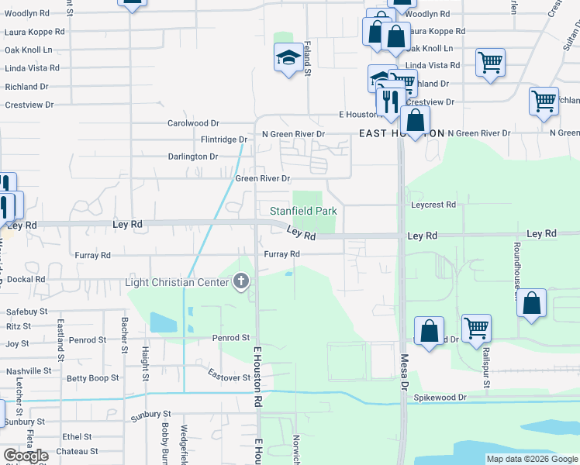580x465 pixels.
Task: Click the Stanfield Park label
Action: (x=303, y=211)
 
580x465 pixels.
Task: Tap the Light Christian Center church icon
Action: (x=241, y=281)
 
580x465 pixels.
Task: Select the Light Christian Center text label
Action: (x=178, y=281)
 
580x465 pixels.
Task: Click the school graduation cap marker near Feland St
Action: (x=288, y=58)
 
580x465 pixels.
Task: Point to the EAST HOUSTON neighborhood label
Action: (x=402, y=133)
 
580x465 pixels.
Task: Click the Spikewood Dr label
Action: (x=440, y=398)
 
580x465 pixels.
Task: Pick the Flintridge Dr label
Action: (x=223, y=140)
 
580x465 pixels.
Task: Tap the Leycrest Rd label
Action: (x=433, y=205)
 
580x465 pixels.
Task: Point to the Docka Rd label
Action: (x=26, y=279)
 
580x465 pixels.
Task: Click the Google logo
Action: (x=26, y=456)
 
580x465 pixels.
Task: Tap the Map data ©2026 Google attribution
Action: (x=531, y=459)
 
